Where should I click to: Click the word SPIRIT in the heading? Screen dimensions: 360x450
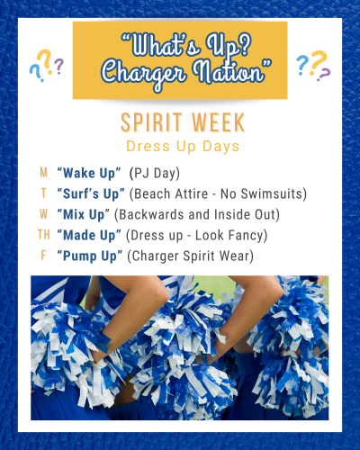151,122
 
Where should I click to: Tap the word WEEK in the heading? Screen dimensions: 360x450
219,122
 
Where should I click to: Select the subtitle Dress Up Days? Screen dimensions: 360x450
183,147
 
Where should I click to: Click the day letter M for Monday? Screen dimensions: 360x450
44,173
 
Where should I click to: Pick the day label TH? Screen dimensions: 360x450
44,235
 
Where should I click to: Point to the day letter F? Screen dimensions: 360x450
44,256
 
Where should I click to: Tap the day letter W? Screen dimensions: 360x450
44,214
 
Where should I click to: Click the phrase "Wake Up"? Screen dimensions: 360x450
89,174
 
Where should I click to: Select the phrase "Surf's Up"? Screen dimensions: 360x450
91,194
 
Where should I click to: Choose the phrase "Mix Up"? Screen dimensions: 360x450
84,215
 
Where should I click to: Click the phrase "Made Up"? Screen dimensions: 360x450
89,236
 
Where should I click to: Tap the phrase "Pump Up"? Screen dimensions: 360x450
90,256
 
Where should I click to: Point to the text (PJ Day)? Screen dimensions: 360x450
155,174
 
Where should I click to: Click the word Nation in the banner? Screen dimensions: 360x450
232,71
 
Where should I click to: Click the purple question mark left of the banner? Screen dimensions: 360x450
59,66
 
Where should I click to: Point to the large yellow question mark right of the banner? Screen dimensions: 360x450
319,61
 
